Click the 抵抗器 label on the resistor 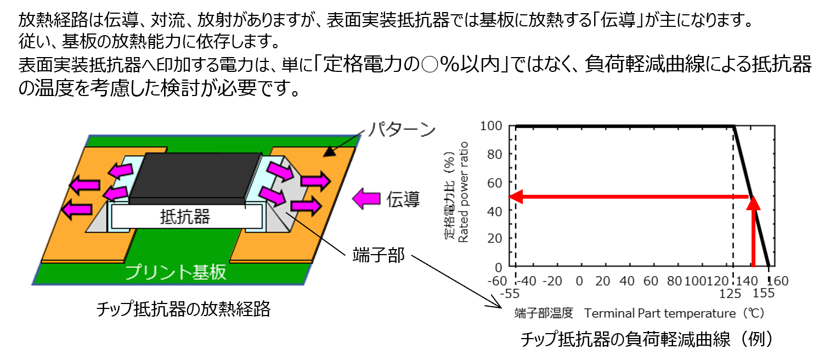click(185, 217)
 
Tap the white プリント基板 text click(176, 272)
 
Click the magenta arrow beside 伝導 click(366, 199)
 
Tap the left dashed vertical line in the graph click(516, 230)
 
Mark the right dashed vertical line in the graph click(733, 230)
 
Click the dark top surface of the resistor click(195, 176)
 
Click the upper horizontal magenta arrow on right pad click(315, 180)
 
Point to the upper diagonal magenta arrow click(280, 171)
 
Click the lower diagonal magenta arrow click(272, 196)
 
